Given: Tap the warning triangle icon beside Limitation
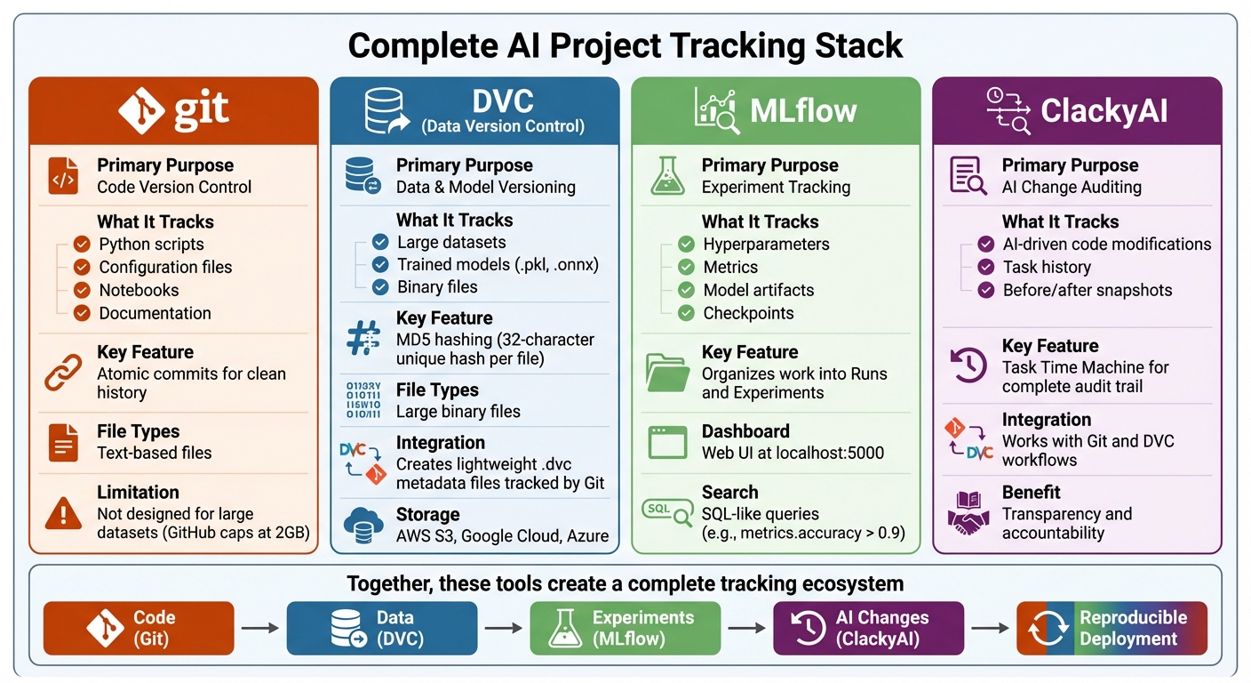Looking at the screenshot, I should tap(63, 512).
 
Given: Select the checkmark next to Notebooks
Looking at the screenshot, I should tap(82, 290).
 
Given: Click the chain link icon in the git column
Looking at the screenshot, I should tap(63, 372).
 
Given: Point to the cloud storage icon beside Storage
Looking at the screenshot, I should tap(363, 525).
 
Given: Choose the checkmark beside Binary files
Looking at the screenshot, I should tap(380, 286).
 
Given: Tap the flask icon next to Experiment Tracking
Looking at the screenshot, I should tap(667, 175).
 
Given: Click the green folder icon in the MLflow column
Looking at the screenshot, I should tap(668, 372).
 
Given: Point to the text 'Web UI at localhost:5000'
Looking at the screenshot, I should tap(793, 453).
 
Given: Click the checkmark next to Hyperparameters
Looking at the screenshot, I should tap(686, 244).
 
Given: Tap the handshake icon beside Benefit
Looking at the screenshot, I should tap(968, 512).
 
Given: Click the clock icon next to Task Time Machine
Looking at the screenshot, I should tap(968, 366).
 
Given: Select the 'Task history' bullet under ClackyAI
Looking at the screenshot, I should tap(1047, 267).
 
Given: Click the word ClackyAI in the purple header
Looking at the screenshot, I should tap(1104, 111).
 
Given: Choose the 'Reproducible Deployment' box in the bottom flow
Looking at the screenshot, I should tap(1112, 628).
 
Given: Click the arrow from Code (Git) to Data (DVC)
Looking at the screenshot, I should tap(260, 628).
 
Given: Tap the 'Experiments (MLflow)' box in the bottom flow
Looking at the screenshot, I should tap(625, 628).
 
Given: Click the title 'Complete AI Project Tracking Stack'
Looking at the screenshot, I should tap(625, 44).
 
